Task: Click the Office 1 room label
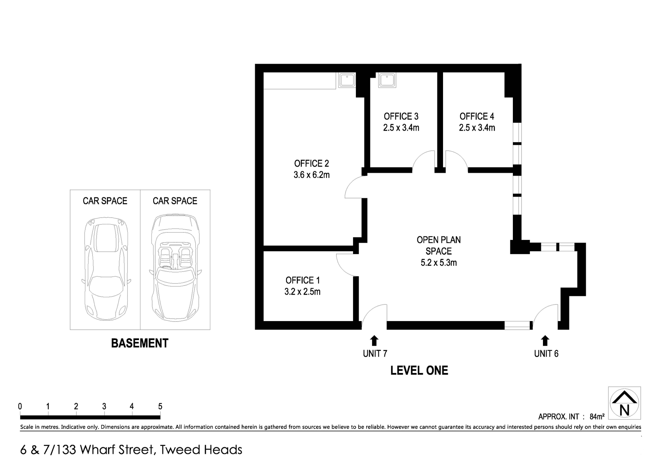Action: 302,280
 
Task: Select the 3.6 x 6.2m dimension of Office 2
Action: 311,175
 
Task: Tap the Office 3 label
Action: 401,116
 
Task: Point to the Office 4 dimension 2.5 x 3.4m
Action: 477,128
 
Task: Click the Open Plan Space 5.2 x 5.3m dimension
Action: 438,263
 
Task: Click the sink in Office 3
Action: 387,80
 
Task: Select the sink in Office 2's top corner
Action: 347,80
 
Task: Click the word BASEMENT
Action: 140,343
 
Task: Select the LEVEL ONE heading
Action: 419,371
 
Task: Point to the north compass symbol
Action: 624,403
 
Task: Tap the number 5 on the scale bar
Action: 160,406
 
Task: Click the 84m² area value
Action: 597,417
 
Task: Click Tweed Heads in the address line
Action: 201,450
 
